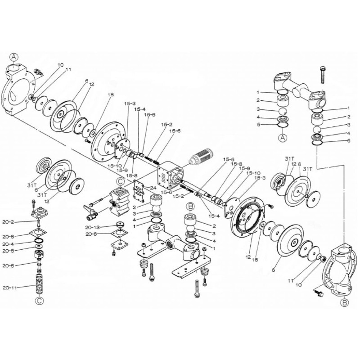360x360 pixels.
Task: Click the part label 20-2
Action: [x=9, y=222]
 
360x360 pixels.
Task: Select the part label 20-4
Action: [x=9, y=243]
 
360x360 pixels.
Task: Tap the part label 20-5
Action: [x=9, y=251]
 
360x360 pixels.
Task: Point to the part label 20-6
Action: [x=9, y=265]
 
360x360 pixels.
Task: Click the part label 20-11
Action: [x=9, y=288]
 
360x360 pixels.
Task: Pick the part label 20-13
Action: [x=93, y=228]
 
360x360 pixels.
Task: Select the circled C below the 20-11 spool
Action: [x=39, y=301]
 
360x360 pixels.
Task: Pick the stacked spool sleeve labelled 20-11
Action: [x=40, y=283]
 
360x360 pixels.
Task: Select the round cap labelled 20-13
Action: [x=120, y=225]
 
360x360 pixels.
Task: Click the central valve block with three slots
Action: [x=170, y=175]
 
